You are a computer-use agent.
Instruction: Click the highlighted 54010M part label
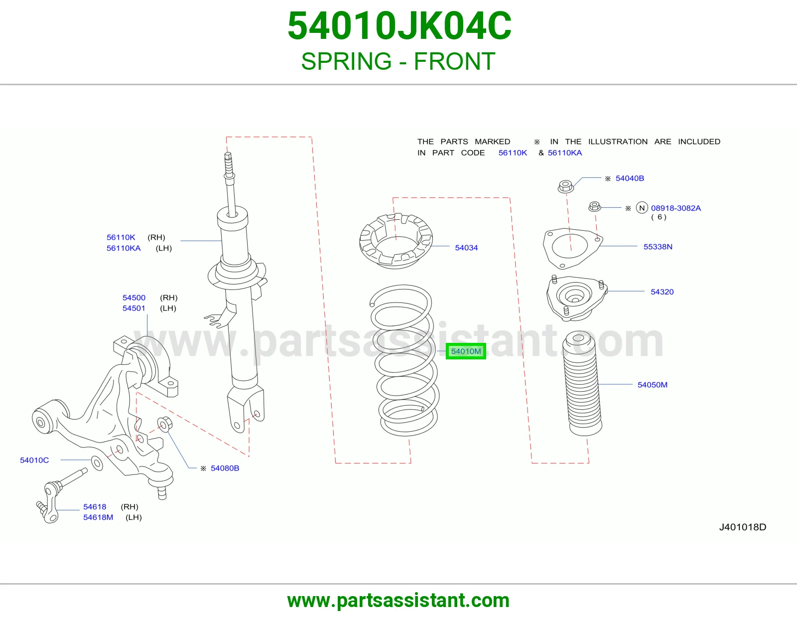466,351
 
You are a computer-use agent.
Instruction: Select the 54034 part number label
466,248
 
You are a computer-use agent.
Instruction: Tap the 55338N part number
658,247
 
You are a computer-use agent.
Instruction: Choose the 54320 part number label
662,292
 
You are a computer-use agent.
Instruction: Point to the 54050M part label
652,385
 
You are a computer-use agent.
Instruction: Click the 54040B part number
630,178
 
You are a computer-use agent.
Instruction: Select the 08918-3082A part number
675,208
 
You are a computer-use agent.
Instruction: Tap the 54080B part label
225,468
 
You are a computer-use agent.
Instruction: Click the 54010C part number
34,460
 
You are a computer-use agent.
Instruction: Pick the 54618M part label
98,517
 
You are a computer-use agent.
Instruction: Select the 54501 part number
134,309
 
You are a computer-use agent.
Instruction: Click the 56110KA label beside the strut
124,248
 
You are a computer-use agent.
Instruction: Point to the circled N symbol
642,208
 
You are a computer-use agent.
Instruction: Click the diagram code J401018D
742,527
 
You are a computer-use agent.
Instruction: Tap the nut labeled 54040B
565,186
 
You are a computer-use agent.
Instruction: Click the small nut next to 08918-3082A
595,207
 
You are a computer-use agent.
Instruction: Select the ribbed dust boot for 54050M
583,384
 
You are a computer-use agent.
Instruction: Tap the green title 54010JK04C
399,26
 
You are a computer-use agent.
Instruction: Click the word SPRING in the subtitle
346,61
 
